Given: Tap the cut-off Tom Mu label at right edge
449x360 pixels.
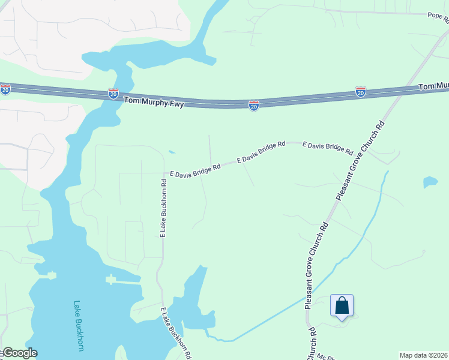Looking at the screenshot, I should pos(433,87).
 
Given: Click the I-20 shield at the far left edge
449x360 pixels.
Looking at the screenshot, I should pos(5,89).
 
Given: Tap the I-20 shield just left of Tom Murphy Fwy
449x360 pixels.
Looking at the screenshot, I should pos(113,93).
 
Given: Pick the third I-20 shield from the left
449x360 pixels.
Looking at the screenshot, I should pos(254,106).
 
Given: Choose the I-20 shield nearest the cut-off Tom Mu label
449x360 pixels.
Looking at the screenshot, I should pos(360,92).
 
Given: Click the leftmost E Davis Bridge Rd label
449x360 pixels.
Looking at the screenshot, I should pos(195,170).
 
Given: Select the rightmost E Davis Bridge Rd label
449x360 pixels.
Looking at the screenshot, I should pos(327,149).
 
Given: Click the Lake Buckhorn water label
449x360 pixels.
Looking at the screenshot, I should pos(77,325).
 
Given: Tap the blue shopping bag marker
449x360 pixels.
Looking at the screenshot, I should pos(342,306).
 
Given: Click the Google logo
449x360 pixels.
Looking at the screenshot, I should pos(19,353).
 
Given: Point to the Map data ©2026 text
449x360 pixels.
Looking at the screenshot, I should pos(424,355).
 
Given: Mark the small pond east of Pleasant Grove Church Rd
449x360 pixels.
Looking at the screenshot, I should pos(430,181).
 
